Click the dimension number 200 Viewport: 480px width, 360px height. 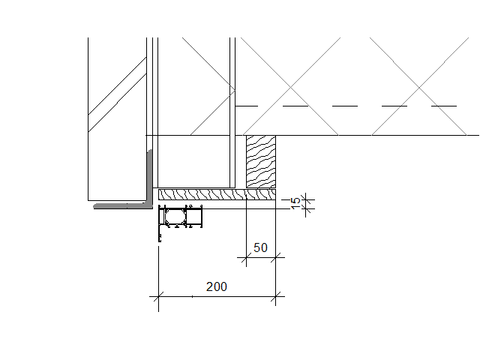217,286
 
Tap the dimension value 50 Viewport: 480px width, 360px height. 260,247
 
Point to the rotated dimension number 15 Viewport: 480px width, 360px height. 295,203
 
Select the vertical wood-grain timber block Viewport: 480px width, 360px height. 261,161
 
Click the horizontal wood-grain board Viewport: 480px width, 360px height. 217,194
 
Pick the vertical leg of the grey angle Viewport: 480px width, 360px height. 150,176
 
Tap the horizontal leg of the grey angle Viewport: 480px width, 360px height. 122,205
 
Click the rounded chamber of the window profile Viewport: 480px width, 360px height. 175,217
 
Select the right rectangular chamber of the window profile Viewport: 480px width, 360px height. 194,217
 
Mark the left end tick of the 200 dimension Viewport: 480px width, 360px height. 158,296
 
